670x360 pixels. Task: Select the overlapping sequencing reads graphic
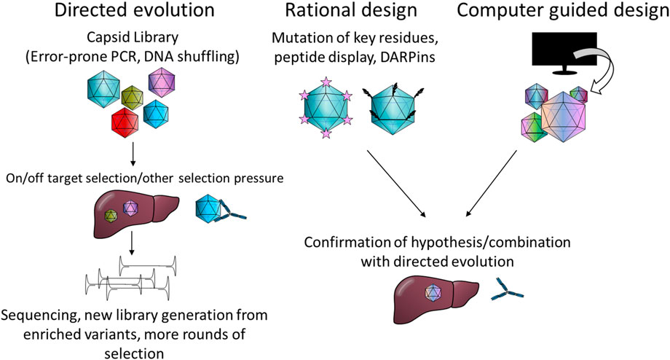tap(131, 280)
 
